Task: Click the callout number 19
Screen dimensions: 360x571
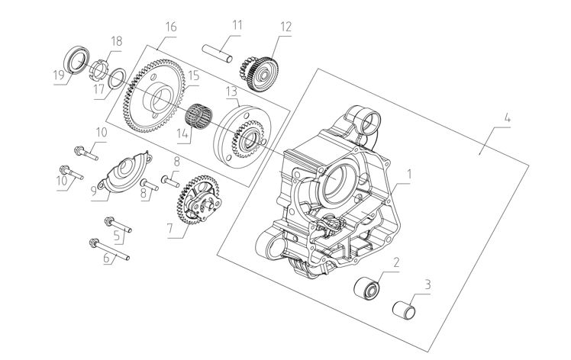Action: [x=58, y=78]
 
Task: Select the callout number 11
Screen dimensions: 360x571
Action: [x=237, y=24]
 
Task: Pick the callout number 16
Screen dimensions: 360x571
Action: [x=170, y=26]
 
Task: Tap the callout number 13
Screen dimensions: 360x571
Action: [x=232, y=91]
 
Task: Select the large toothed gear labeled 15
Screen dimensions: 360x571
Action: [x=150, y=97]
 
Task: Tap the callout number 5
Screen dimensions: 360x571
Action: [x=117, y=236]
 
